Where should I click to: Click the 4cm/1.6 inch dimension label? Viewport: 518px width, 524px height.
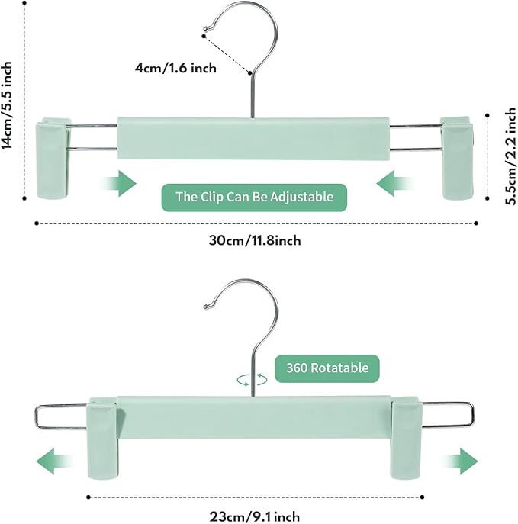click(176, 68)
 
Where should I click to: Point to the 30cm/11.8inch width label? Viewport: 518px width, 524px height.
click(255, 240)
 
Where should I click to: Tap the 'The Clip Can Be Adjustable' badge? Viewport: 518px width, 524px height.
click(254, 197)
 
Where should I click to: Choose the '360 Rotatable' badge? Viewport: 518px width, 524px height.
click(327, 368)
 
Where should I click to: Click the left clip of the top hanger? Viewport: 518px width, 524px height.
click(53, 158)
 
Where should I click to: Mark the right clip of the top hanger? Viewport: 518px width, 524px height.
click(458, 158)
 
